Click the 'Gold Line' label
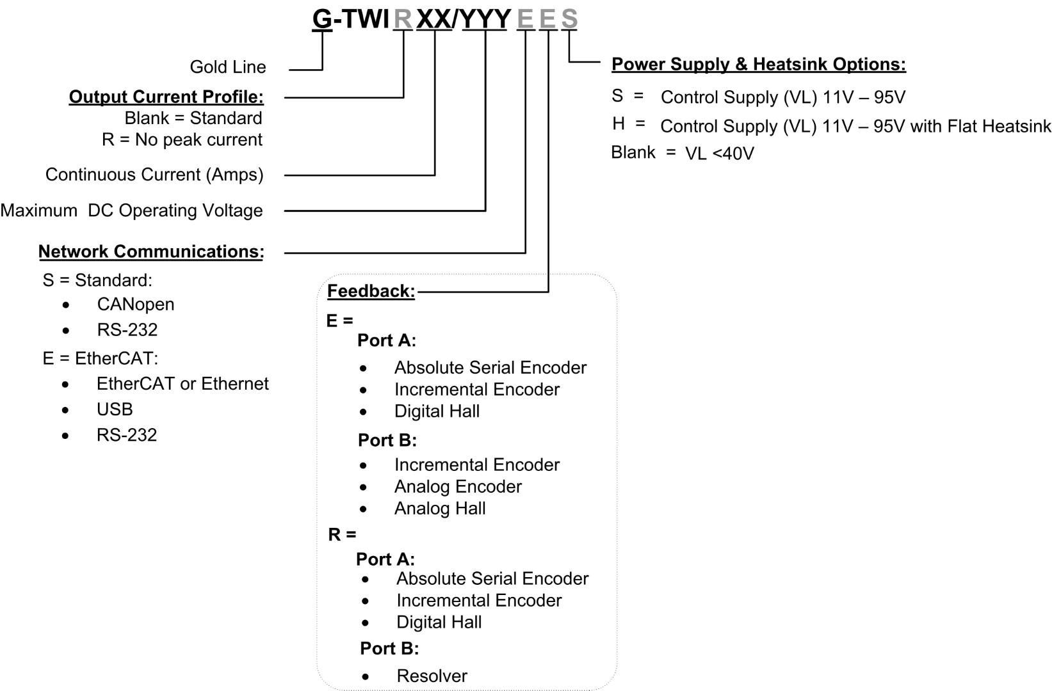tap(228, 67)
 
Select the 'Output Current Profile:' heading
tap(166, 97)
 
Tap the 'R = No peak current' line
tap(182, 139)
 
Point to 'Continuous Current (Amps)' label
tap(154, 175)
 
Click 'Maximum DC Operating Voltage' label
tap(131, 210)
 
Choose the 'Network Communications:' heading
tap(151, 251)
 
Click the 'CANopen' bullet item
tap(136, 305)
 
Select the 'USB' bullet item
tap(115, 409)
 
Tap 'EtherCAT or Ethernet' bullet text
tap(182, 384)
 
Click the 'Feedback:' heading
tap(371, 291)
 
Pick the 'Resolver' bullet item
tap(432, 676)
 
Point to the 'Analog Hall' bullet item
tap(440, 509)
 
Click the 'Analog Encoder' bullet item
tap(458, 487)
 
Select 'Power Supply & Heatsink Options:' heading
tap(759, 65)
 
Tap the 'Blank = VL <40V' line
tap(683, 153)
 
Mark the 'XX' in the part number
tap(434, 19)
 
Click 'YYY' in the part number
tap(485, 19)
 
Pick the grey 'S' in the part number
tap(569, 19)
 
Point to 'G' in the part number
tap(322, 19)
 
